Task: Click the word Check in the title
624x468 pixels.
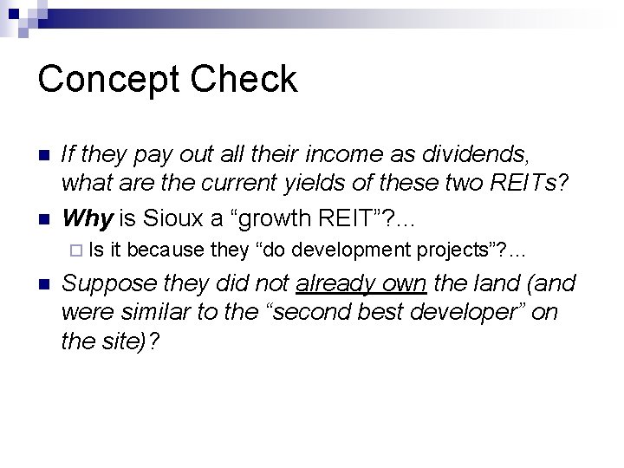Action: click(x=246, y=80)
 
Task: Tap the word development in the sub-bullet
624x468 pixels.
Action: click(x=350, y=250)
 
